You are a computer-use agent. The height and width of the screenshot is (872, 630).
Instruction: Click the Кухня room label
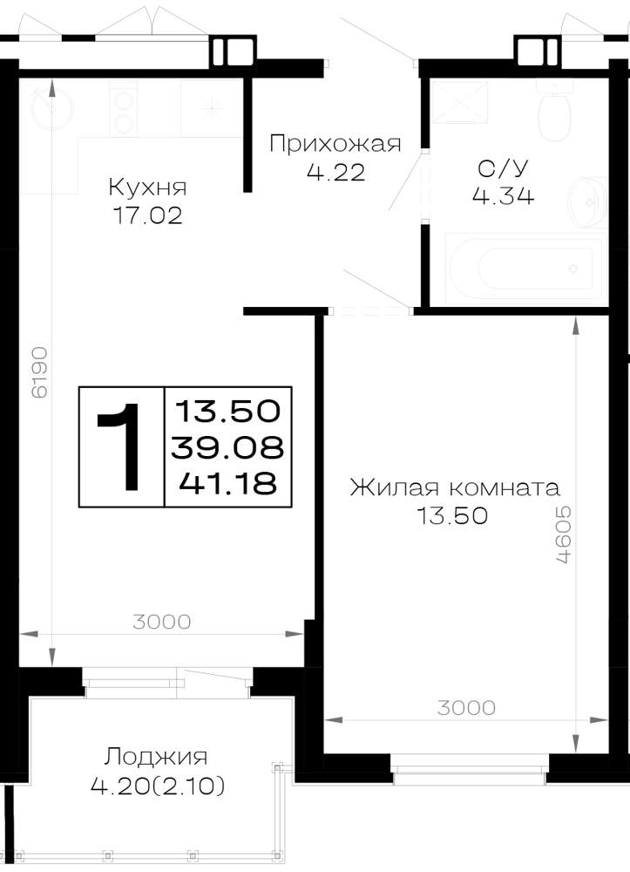tap(147, 187)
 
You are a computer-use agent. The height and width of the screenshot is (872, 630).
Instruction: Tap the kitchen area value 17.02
tap(147, 215)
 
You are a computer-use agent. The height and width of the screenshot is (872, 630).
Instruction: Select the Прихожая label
tap(335, 144)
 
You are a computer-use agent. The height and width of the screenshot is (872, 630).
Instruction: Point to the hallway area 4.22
tap(336, 173)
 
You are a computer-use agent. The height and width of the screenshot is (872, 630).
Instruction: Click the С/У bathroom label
tap(503, 168)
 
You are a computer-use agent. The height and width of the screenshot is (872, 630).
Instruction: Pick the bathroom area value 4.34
tap(503, 195)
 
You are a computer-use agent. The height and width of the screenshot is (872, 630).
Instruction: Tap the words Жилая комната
tap(455, 487)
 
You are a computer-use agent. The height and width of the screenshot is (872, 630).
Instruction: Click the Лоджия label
tap(156, 757)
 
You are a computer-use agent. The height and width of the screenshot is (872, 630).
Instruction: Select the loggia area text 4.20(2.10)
tap(158, 786)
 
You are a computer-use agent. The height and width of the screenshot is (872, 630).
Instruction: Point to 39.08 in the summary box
tap(227, 447)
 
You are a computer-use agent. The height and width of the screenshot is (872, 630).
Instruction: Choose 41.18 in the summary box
tap(227, 483)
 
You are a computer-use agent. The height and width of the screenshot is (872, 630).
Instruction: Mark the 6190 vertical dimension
tap(39, 372)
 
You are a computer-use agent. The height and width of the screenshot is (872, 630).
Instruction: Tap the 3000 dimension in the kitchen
tap(162, 621)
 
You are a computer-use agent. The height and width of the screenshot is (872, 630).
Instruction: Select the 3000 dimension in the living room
tap(466, 707)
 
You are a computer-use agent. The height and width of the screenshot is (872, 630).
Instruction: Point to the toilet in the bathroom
tap(553, 112)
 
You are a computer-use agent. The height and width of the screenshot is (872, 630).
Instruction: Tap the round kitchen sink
tap(51, 106)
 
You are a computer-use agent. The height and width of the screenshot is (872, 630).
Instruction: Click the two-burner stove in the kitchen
tap(123, 109)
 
